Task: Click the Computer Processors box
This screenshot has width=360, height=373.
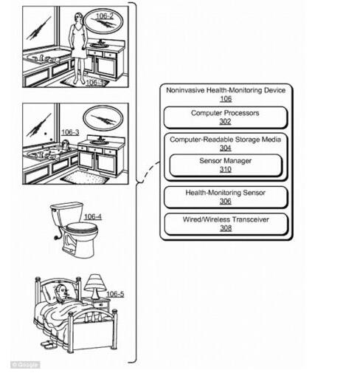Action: click(226, 117)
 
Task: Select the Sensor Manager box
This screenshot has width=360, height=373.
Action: click(226, 165)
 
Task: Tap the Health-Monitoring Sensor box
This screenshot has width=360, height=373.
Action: click(226, 197)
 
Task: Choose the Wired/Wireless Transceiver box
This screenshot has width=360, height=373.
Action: click(226, 224)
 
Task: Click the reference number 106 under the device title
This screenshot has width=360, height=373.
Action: click(226, 99)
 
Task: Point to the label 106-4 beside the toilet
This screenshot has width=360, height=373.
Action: click(93, 216)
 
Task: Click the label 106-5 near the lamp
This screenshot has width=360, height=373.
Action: click(115, 294)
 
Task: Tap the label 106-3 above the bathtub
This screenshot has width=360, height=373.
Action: click(70, 132)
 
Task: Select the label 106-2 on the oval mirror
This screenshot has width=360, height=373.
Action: click(105, 16)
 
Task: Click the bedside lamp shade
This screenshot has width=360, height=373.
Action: click(94, 282)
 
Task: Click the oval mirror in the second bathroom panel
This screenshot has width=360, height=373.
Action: click(103, 119)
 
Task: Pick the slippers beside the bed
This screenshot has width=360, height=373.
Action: click(49, 344)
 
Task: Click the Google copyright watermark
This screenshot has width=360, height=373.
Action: click(25, 365)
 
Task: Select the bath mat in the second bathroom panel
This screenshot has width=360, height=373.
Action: click(85, 177)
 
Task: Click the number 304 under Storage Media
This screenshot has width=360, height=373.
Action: click(226, 148)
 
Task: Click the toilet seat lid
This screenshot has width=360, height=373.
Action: click(82, 227)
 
